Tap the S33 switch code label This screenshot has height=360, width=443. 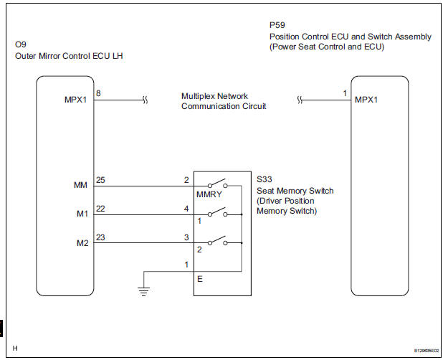tap(265, 181)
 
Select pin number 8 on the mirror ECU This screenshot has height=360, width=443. tap(98, 93)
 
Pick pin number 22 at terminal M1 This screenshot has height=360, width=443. tap(100, 207)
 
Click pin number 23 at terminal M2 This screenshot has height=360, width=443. tap(100, 236)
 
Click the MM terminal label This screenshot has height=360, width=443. tap(80, 186)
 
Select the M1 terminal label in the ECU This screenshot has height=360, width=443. tap(81, 214)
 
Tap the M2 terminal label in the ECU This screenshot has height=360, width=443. tap(81, 242)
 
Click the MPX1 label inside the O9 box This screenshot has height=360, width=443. tap(75, 100)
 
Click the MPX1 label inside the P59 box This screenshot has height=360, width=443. tap(368, 100)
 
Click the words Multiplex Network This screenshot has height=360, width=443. tap(215, 95)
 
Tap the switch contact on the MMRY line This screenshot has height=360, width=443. tap(216, 183)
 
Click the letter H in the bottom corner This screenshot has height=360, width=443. tap(15, 348)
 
